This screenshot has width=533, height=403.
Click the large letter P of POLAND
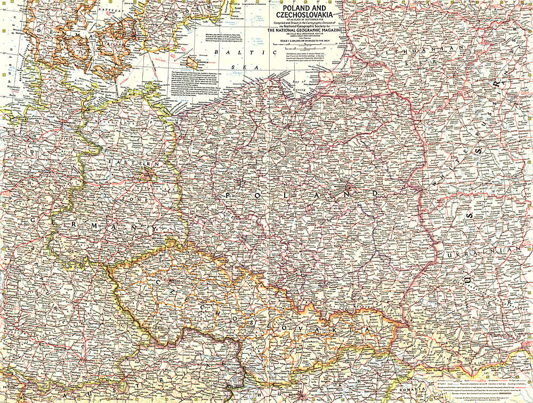(228, 196)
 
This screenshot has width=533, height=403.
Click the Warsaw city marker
(348, 188)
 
